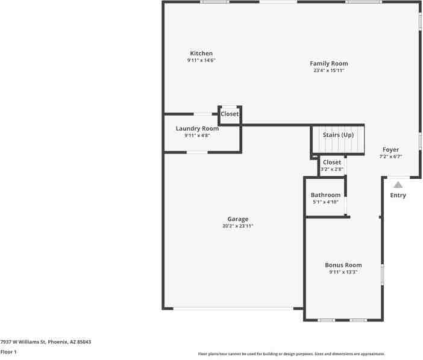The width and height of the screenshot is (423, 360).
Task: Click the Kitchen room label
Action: (x=201, y=54)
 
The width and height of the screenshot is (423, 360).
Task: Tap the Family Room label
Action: (x=329, y=64)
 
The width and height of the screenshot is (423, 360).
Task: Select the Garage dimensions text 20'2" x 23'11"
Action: (x=237, y=226)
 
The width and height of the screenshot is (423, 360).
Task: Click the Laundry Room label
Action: (x=197, y=129)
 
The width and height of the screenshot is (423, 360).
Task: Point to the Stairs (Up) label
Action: (x=338, y=135)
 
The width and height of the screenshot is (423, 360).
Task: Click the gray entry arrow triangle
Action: (x=398, y=185)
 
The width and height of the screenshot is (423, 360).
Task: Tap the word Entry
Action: (x=398, y=196)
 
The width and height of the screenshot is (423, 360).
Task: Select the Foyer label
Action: (x=390, y=149)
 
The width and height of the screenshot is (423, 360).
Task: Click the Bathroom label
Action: (x=325, y=195)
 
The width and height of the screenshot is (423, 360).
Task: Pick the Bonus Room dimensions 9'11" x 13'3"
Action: (x=343, y=272)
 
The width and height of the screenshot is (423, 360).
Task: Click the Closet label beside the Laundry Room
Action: (x=230, y=114)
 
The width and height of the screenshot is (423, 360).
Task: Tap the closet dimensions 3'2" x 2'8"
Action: (x=332, y=169)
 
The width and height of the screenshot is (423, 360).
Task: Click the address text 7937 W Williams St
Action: (x=23, y=342)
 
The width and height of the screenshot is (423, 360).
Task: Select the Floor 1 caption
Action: (x=8, y=352)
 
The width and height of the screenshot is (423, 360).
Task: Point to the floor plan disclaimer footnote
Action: (x=292, y=354)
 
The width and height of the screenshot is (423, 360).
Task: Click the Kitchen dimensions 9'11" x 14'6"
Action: (x=201, y=60)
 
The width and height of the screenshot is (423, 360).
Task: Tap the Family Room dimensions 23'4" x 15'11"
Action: (x=329, y=70)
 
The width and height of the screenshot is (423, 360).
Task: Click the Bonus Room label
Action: (x=343, y=265)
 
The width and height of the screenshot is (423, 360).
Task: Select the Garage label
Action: (x=237, y=219)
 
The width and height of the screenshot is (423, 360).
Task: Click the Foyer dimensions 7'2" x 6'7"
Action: (x=390, y=157)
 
